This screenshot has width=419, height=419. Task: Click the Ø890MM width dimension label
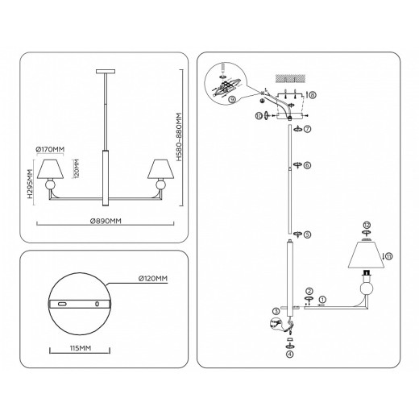point(106,220)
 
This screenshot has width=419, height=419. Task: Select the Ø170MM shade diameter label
point(50,147)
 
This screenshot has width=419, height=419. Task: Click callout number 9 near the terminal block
point(232,100)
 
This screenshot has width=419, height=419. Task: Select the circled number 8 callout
point(313,94)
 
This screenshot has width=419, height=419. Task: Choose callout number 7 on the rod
point(306,129)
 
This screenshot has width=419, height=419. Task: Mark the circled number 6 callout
point(306,165)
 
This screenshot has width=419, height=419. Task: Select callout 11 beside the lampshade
point(390,256)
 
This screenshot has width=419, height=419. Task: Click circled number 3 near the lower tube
point(275,310)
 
